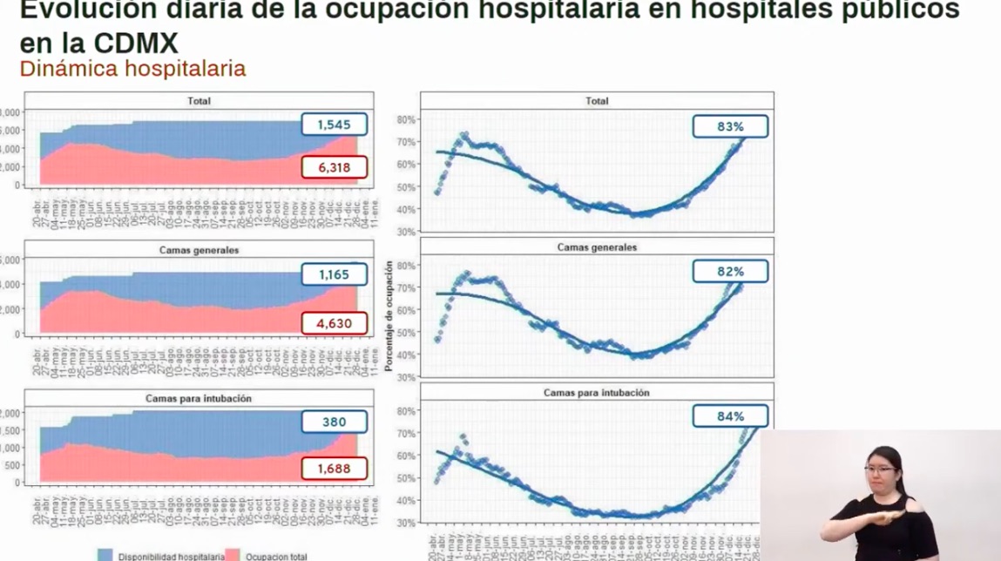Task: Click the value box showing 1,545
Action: [334, 125]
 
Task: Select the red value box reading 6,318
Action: [334, 166]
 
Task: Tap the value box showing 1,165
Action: [334, 274]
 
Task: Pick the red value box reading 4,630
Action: [334, 323]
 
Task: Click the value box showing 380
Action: [334, 422]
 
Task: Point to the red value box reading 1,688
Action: [334, 469]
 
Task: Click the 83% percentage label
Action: [730, 126]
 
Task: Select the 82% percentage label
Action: [730, 271]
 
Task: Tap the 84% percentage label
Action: [730, 416]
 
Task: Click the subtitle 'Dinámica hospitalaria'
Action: [132, 68]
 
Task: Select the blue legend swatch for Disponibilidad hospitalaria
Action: [105, 555]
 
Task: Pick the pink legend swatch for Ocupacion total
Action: [233, 555]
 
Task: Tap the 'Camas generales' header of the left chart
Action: [199, 250]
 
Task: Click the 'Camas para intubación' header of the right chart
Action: [597, 393]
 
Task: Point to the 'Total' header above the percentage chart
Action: [597, 101]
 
